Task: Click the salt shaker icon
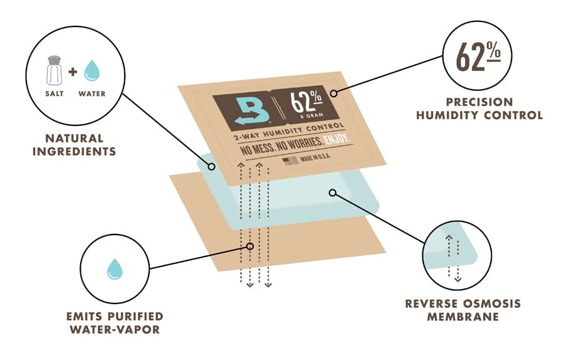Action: pos(55,70)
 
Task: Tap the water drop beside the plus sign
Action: pos(91,70)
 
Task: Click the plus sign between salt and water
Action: pos(73,71)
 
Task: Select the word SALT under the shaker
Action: pos(55,93)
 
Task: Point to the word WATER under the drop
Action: pos(92,93)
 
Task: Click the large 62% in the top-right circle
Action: pos(478,56)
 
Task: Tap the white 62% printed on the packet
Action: pos(306,101)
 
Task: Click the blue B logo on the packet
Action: pos(252,111)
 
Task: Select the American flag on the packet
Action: pos(290,161)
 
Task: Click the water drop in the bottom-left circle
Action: pos(115,268)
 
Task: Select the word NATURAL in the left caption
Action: pos(75,138)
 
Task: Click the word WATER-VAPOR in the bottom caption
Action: pos(115,329)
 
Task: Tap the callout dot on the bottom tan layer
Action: pos(250,246)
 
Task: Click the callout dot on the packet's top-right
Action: pos(334,93)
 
